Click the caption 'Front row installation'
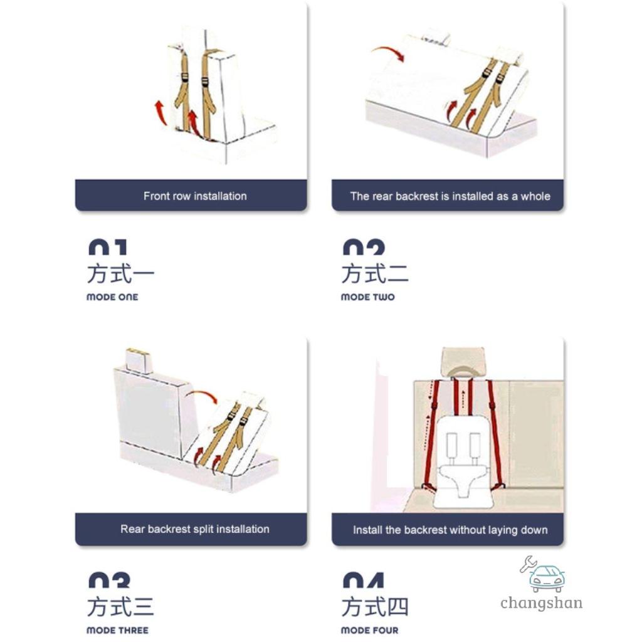tap(195, 196)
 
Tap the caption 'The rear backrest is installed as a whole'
tap(450, 196)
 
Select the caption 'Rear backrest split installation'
tap(195, 529)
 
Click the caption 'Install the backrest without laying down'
tap(450, 530)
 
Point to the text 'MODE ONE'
tap(112, 297)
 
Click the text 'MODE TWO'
tap(367, 297)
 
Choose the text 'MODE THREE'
tap(117, 630)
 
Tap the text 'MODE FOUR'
tap(369, 630)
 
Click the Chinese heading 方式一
tap(120, 275)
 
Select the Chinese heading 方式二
tap(375, 275)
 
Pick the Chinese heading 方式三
tap(120, 608)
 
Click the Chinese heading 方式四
tap(375, 608)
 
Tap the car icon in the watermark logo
tap(546, 578)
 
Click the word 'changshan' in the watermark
tap(541, 603)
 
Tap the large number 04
tap(363, 580)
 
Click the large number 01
tap(107, 247)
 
